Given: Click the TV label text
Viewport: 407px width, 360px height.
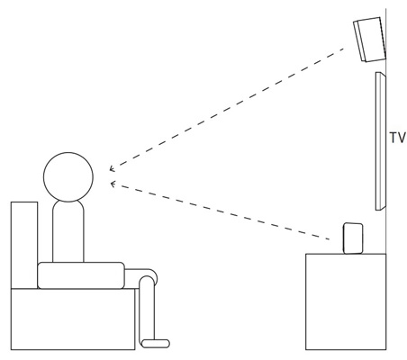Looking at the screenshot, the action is coord(398,138).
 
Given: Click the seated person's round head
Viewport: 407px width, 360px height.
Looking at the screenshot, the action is coord(68,177).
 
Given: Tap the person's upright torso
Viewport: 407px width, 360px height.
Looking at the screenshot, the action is coord(68,231).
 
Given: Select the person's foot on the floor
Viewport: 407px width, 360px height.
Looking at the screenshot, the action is coord(156,344).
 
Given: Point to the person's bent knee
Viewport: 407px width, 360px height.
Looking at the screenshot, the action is coord(151,276).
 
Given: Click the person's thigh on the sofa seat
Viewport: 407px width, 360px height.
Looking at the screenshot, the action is coord(81,275).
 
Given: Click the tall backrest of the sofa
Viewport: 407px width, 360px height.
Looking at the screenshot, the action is coord(24,245).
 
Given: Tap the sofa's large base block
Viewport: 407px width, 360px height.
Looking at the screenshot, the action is coord(73,319).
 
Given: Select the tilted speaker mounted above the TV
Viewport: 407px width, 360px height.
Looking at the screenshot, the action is coord(369,40).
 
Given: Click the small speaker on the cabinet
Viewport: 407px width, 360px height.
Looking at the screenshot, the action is coord(353,238).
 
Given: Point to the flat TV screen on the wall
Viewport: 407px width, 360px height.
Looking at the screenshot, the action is coord(381,141).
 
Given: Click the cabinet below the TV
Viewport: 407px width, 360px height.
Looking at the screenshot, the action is coord(346,301).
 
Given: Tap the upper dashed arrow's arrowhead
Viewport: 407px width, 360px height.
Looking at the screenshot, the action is coord(112,169).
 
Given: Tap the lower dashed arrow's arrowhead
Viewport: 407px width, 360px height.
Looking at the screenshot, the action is coord(113,184).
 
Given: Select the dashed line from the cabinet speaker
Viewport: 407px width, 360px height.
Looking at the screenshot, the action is coord(221,211).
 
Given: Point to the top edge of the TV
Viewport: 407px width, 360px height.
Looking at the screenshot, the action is coord(381,72).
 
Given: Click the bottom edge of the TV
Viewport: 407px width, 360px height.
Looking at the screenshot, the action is coord(381,210).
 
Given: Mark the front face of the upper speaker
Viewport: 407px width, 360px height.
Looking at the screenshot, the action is coord(360,41).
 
